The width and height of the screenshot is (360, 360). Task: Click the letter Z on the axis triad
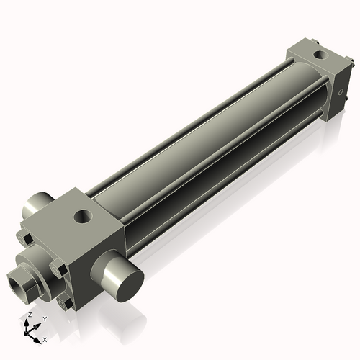point(30,315)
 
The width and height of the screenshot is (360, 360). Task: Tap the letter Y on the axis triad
point(44,318)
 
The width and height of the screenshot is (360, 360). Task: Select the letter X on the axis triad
point(45,338)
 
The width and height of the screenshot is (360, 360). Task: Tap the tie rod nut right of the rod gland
point(60,270)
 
